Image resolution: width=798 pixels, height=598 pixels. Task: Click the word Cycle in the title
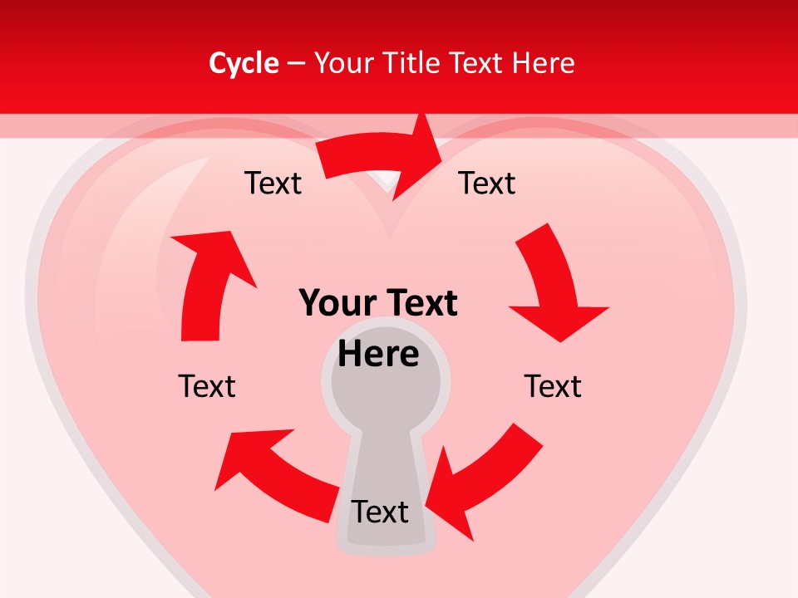coord(244,63)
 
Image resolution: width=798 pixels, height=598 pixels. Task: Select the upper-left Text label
coord(273,184)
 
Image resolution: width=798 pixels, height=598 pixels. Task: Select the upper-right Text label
coord(487,184)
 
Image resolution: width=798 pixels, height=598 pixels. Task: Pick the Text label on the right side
coord(553,386)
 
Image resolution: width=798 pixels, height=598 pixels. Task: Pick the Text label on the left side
coord(207,386)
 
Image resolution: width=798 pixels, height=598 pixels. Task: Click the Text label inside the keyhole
coord(381,512)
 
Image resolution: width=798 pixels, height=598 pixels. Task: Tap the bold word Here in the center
coord(378,355)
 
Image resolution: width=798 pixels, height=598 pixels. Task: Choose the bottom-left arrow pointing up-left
coord(274,469)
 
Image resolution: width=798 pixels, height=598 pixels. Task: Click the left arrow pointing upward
coord(208,282)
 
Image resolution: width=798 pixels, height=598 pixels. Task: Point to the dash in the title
coord(296,63)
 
